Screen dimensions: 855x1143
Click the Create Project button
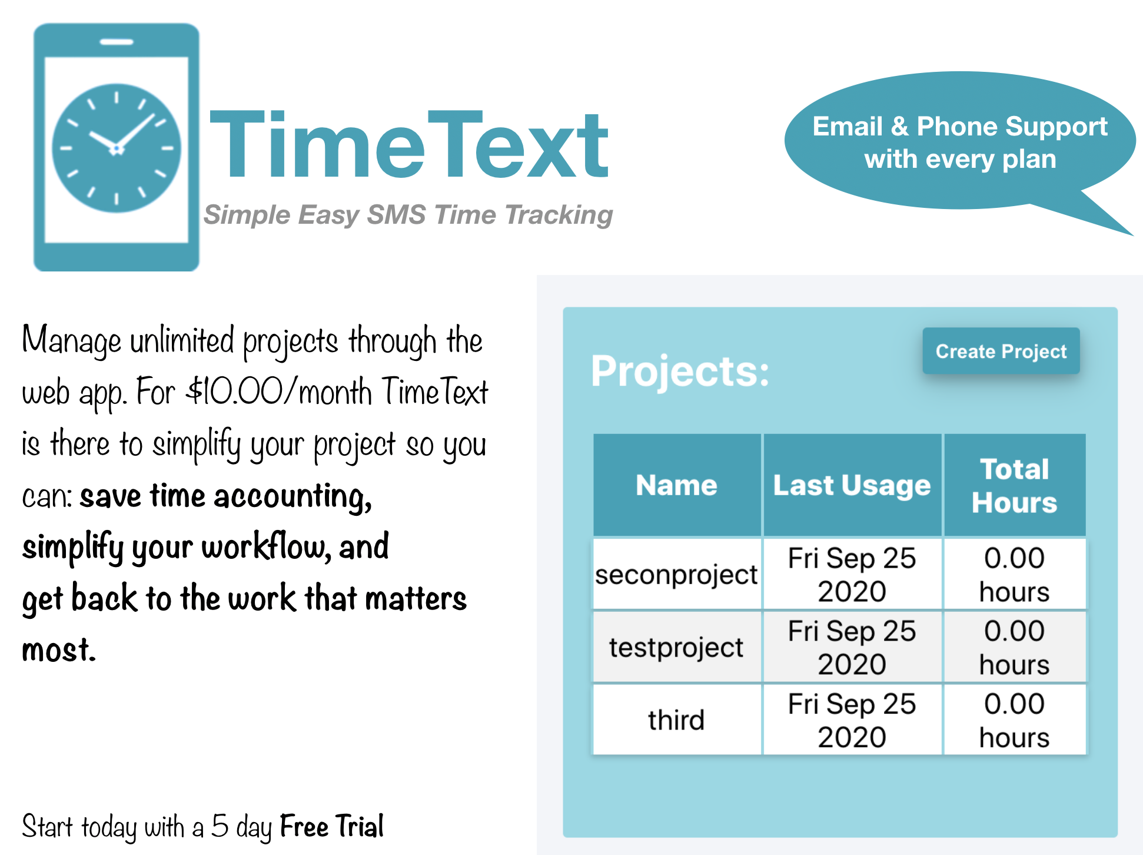pos(1001,351)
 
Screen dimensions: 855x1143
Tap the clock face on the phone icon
pos(117,148)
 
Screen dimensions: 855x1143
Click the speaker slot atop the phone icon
pos(117,42)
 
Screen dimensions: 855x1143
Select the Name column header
pos(676,485)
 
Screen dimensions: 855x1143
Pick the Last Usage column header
pos(852,485)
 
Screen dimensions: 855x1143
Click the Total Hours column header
pos(1014,485)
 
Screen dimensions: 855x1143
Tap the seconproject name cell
pos(676,574)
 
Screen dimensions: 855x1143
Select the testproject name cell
pos(676,647)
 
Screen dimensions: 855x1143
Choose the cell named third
pos(676,720)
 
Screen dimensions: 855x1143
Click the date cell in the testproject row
pos(852,647)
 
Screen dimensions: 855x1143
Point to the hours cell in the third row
pos(1014,720)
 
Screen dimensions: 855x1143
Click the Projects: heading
pos(680,371)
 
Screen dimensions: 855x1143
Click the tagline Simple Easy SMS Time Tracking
pos(408,215)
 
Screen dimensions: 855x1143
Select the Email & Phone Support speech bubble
pos(959,142)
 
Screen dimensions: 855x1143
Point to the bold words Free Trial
pos(331,826)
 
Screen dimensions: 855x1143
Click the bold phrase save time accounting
pos(225,496)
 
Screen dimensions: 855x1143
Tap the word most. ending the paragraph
pos(59,650)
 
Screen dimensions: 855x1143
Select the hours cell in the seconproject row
pos(1014,574)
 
